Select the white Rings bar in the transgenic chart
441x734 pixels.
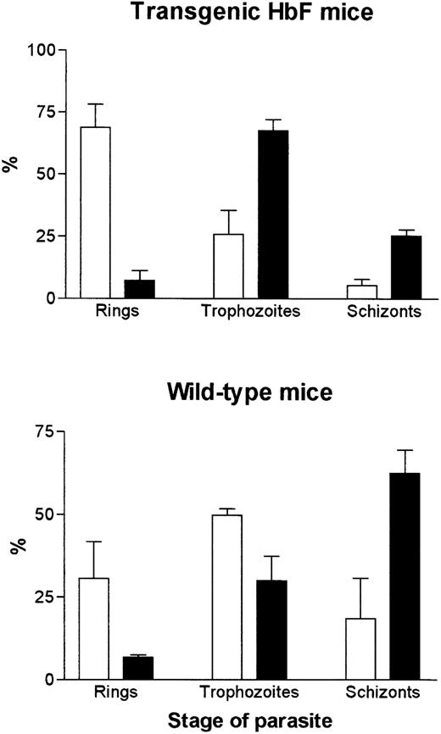tap(95, 212)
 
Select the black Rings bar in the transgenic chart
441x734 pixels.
tap(139, 288)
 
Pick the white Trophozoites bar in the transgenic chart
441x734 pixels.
tap(229, 266)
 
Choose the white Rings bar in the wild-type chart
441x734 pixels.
tap(95, 628)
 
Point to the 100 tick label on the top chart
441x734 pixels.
tap(40, 50)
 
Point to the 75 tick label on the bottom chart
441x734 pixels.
tap(44, 431)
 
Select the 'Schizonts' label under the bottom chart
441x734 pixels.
tap(384, 693)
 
